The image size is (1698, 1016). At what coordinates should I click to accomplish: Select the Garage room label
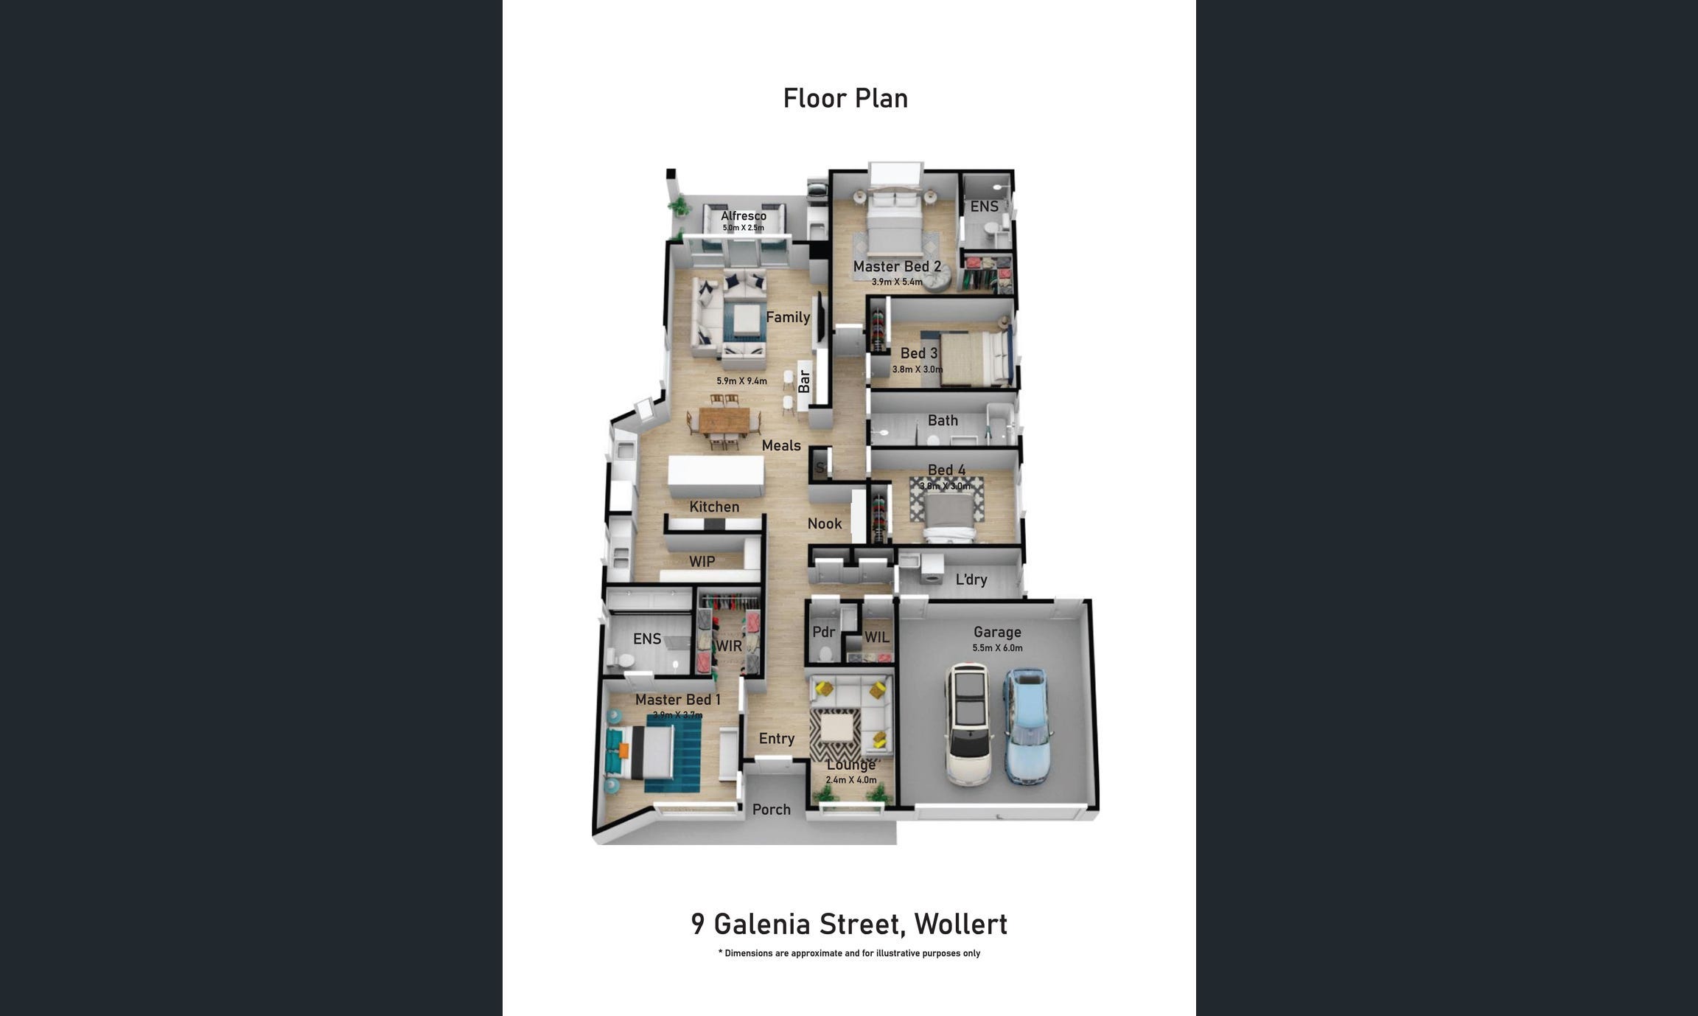pos(997,632)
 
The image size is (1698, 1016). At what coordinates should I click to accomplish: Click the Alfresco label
pos(744,215)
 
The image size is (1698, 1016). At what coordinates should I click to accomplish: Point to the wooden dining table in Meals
pos(724,421)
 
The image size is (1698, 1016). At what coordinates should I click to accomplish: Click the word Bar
pos(804,381)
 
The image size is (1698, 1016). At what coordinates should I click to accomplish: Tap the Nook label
pos(824,523)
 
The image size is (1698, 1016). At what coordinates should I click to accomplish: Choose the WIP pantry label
pos(702,562)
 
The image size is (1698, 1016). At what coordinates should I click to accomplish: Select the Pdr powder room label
pos(823,632)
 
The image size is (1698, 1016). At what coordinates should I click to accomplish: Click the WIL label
pos(876,637)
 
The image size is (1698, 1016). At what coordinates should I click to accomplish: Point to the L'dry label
pos(971,580)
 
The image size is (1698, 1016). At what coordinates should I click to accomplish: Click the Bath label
pos(943,420)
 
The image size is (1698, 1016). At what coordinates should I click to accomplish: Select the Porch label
pos(771,810)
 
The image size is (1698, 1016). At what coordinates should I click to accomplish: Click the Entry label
pos(777,739)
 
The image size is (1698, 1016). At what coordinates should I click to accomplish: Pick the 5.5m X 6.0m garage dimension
pos(997,648)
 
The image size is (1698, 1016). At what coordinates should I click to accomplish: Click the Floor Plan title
pos(845,98)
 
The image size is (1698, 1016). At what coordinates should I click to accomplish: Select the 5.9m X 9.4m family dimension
pos(741,381)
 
